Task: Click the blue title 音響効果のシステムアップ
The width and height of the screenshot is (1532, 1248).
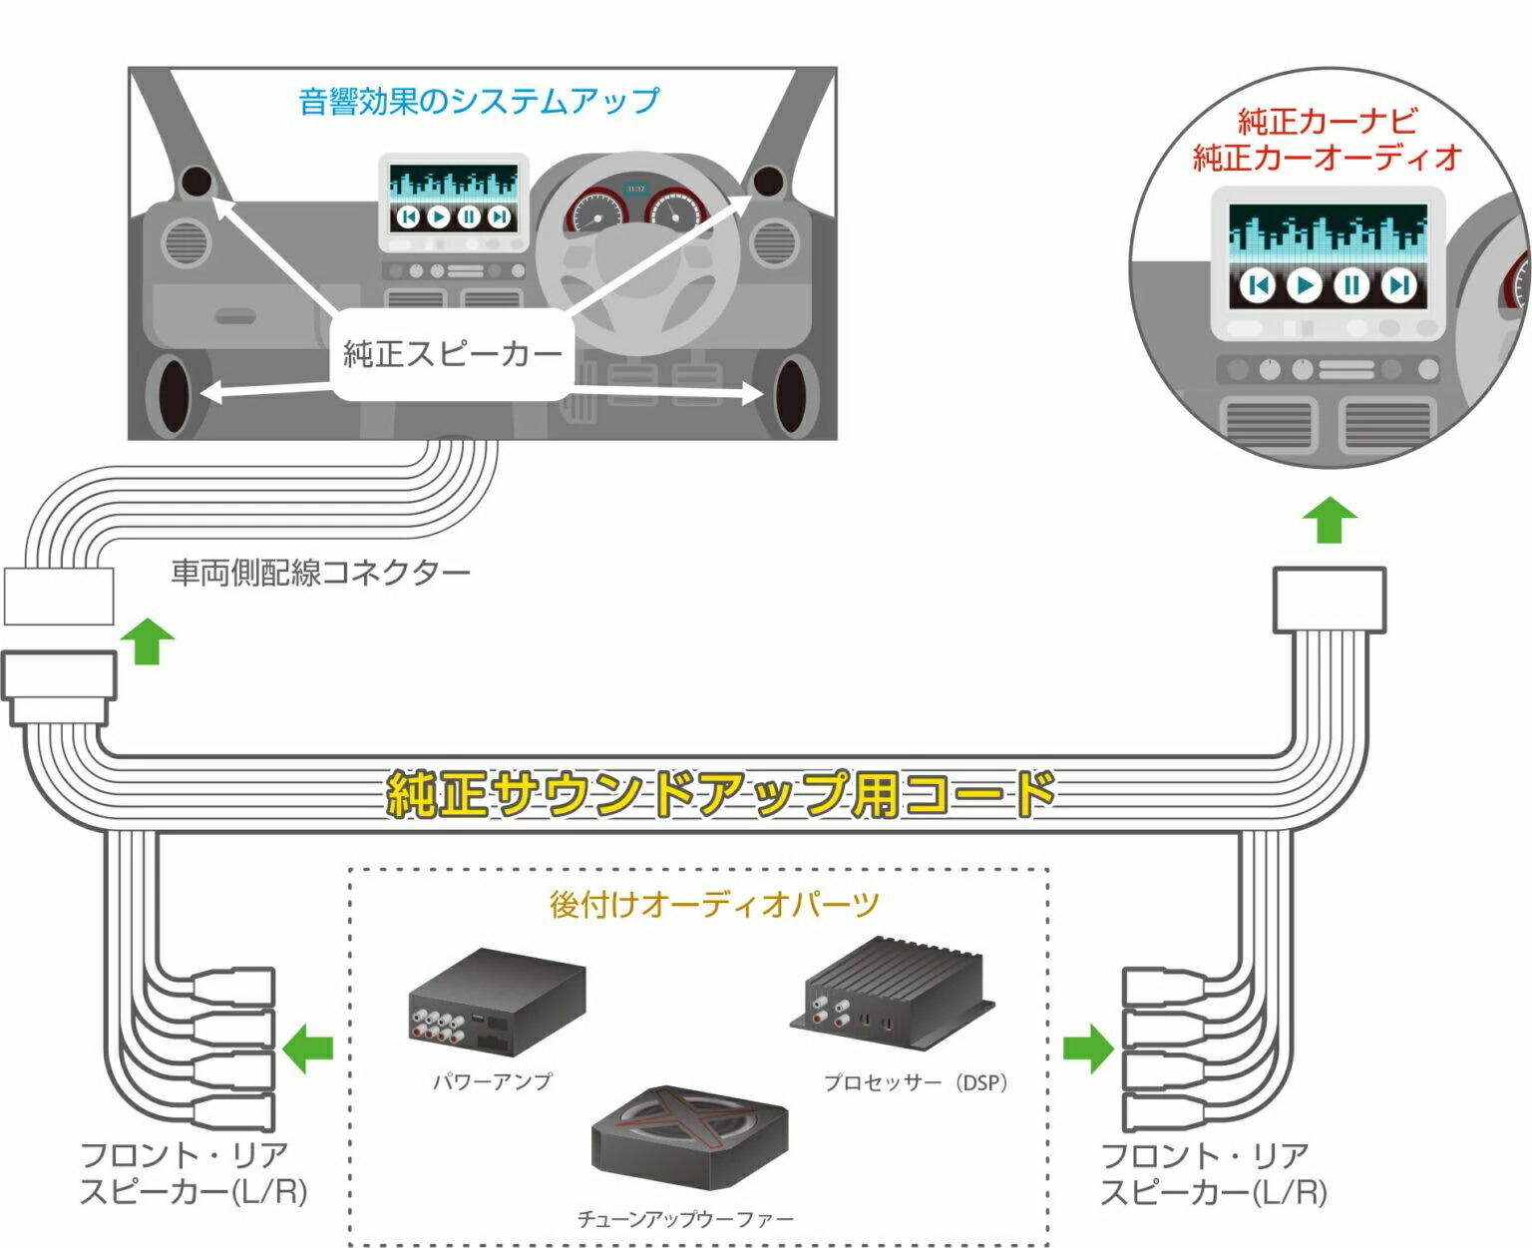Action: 479,101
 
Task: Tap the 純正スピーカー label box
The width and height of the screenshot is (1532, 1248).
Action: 452,355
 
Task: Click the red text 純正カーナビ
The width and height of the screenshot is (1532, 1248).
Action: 1327,121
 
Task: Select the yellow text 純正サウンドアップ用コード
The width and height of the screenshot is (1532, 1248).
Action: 720,794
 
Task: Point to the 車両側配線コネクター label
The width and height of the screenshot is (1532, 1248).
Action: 320,573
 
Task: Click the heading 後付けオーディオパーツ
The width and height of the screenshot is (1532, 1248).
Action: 714,904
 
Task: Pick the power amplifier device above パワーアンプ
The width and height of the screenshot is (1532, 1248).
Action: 496,1000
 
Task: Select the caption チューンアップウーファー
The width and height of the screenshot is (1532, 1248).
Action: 685,1219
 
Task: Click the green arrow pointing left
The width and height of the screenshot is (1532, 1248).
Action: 308,1048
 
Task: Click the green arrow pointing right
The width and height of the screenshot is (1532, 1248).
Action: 1088,1048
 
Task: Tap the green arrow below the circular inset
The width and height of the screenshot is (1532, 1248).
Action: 1331,520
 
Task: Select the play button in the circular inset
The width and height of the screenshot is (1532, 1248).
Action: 1303,286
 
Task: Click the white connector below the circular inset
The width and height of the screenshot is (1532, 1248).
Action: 1330,600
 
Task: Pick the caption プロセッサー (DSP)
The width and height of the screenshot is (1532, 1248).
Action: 915,1082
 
